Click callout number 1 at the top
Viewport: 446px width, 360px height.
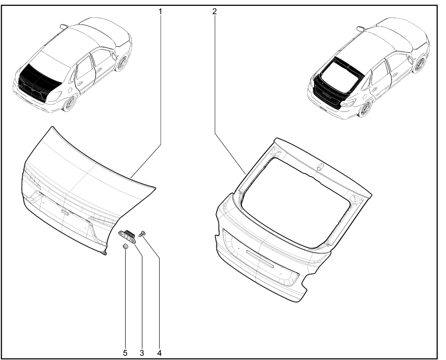[x=160, y=12]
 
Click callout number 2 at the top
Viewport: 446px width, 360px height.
[x=214, y=12]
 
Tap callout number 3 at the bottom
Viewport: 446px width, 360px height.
[x=142, y=353]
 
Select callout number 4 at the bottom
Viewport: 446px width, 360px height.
[x=159, y=353]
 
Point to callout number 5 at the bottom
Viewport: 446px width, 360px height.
[x=125, y=353]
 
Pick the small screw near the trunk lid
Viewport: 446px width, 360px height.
[x=142, y=233]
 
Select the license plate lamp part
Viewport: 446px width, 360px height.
[x=128, y=236]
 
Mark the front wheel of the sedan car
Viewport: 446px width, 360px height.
[x=122, y=62]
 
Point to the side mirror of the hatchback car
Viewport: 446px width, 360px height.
[x=360, y=28]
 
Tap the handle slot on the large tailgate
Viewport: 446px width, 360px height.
[x=260, y=259]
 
